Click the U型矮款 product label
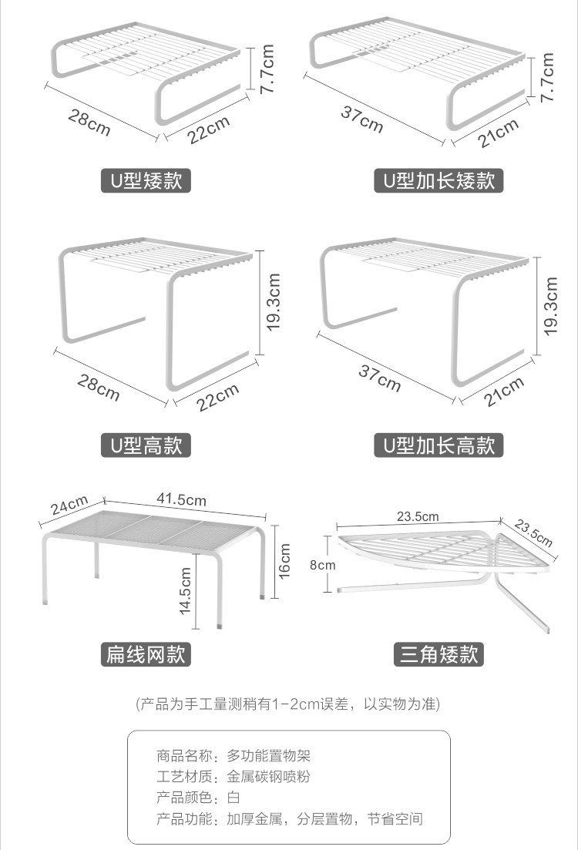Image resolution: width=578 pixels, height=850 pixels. pyautogui.click(x=146, y=181)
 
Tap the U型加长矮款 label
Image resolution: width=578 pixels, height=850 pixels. pyautogui.click(x=439, y=181)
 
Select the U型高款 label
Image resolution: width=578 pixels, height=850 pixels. pyautogui.click(x=146, y=445)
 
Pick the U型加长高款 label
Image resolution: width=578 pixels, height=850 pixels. pyautogui.click(x=439, y=445)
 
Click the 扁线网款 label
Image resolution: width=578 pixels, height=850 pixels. pyautogui.click(x=146, y=654)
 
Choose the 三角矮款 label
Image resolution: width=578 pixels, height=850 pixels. pyautogui.click(x=439, y=654)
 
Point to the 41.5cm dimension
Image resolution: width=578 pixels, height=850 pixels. pyautogui.click(x=182, y=499)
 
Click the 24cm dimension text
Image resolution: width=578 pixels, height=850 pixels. pyautogui.click(x=69, y=506)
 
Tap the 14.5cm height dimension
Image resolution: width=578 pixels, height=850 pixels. pyautogui.click(x=186, y=590)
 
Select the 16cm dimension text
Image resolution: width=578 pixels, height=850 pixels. pyautogui.click(x=284, y=561)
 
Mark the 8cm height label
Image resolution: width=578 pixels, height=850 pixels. pyautogui.click(x=322, y=564)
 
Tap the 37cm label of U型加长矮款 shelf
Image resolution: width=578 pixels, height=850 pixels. pyautogui.click(x=362, y=119)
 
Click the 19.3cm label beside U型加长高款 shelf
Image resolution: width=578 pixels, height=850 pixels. pyautogui.click(x=550, y=307)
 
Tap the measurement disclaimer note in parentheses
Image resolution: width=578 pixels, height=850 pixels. pyautogui.click(x=288, y=704)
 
